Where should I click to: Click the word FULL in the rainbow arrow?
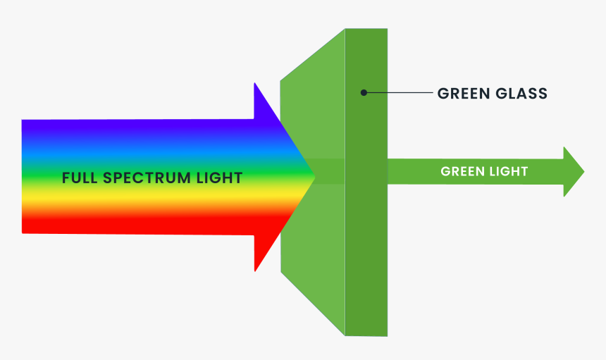click(x=80, y=178)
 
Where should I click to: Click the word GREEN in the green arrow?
click(x=463, y=171)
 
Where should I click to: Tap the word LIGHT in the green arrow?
click(x=508, y=171)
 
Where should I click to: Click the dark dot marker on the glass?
click(x=364, y=92)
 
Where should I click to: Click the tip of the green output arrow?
click(x=583, y=171)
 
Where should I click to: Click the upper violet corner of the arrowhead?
click(x=255, y=85)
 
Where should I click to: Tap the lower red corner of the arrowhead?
click(x=255, y=269)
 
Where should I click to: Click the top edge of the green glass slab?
click(x=366, y=30)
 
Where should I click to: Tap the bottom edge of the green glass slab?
click(x=366, y=335)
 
